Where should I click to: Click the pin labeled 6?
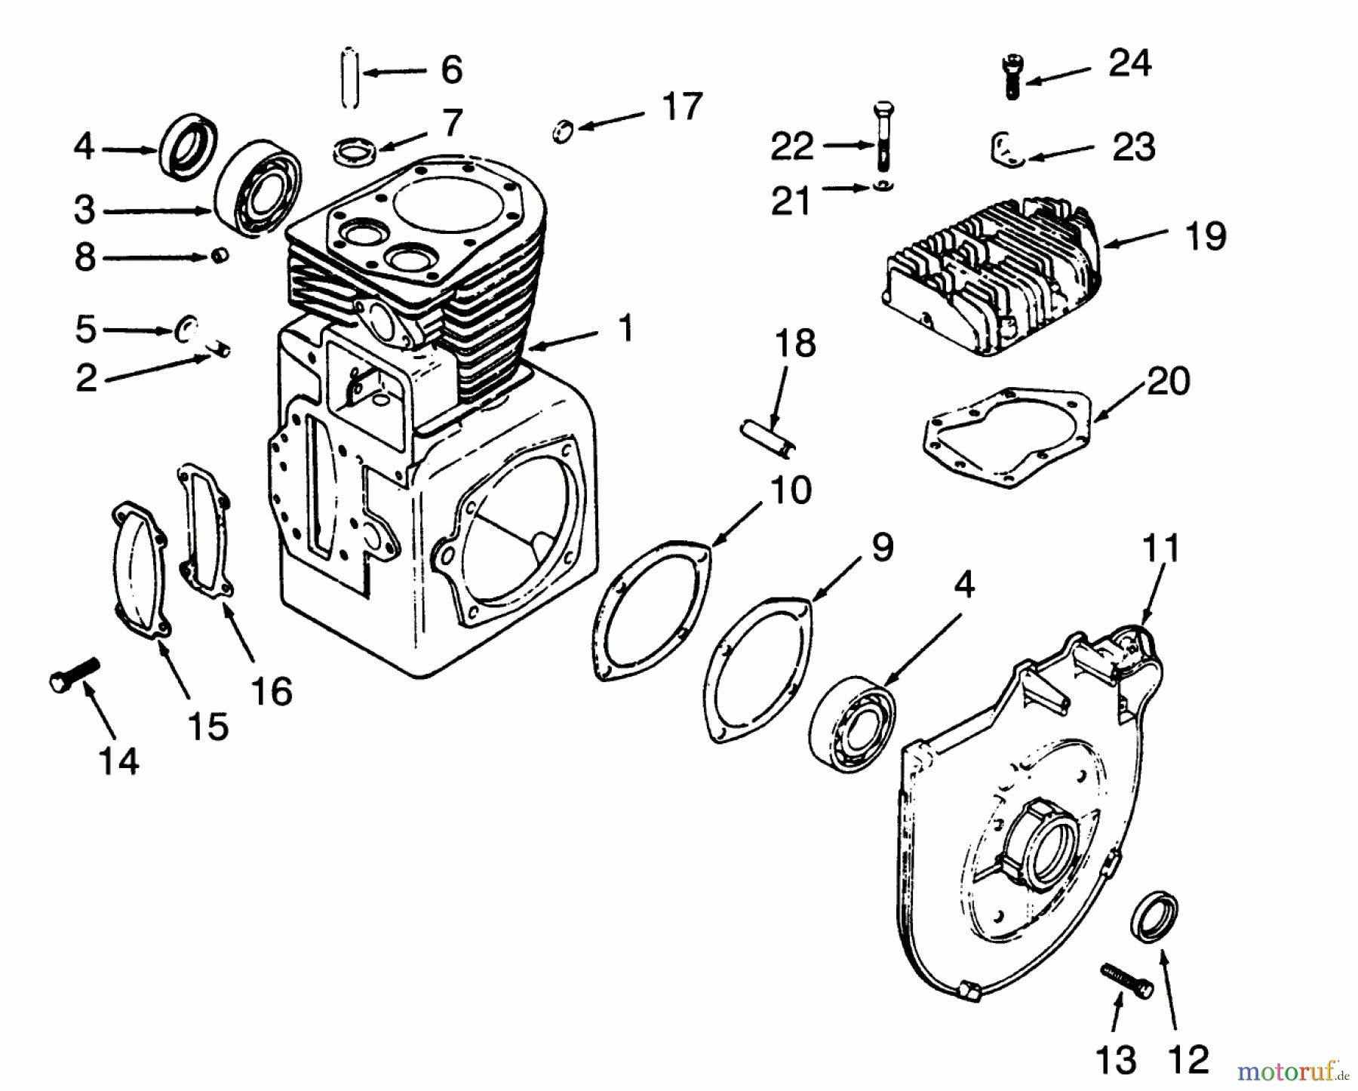pyautogui.click(x=350, y=78)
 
